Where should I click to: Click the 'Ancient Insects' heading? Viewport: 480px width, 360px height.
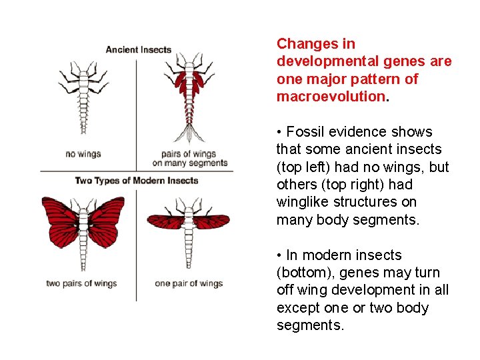(x=139, y=49)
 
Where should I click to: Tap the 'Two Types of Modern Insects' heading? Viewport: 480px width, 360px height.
(x=137, y=181)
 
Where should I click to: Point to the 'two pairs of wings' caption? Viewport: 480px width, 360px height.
(x=81, y=283)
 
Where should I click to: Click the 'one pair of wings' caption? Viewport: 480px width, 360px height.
(x=189, y=283)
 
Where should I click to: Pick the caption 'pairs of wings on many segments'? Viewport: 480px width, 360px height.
(x=190, y=159)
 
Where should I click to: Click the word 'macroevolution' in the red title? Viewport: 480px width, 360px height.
(x=330, y=97)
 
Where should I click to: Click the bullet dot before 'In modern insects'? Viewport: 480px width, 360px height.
(x=279, y=255)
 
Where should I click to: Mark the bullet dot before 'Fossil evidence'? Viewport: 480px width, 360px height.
(x=279, y=132)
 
